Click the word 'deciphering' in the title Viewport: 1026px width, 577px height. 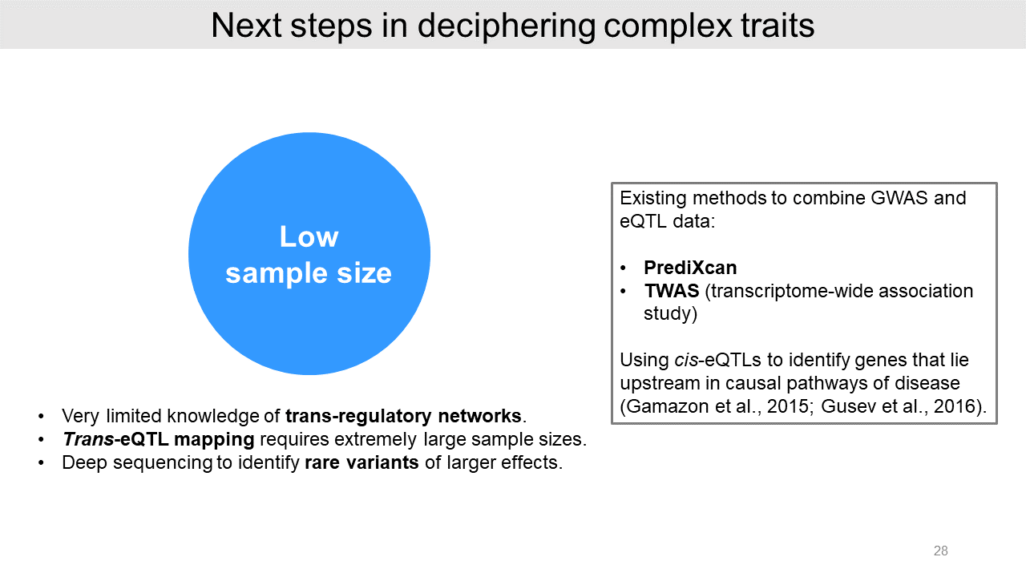pos(506,26)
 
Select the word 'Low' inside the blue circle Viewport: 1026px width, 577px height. pos(309,236)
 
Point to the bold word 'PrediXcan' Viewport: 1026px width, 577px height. pos(690,268)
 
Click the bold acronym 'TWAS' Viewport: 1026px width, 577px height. pos(672,291)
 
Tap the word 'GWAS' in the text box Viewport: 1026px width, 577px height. pos(899,198)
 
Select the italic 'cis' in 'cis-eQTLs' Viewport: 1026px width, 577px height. pos(686,360)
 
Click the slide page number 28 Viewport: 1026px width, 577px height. pos(941,551)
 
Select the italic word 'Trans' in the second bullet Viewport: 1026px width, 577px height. pos(88,439)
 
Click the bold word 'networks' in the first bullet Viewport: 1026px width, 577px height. pos(479,416)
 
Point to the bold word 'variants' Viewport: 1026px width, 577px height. pos(382,462)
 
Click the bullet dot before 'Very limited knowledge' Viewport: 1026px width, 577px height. pos(41,416)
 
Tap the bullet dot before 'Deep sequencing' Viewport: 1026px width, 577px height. pos(41,463)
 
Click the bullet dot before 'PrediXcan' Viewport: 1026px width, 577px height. pos(623,268)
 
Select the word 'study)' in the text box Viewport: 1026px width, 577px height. pos(671,314)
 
